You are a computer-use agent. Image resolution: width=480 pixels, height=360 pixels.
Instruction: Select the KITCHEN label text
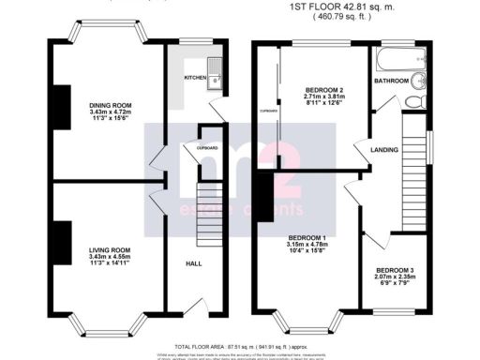click(194, 78)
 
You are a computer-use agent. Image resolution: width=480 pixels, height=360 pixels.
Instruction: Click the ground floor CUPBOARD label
click(207, 148)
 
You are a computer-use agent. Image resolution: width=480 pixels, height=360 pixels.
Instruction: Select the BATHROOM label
click(391, 82)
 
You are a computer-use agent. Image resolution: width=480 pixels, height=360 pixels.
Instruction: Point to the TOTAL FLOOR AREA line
click(240, 345)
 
